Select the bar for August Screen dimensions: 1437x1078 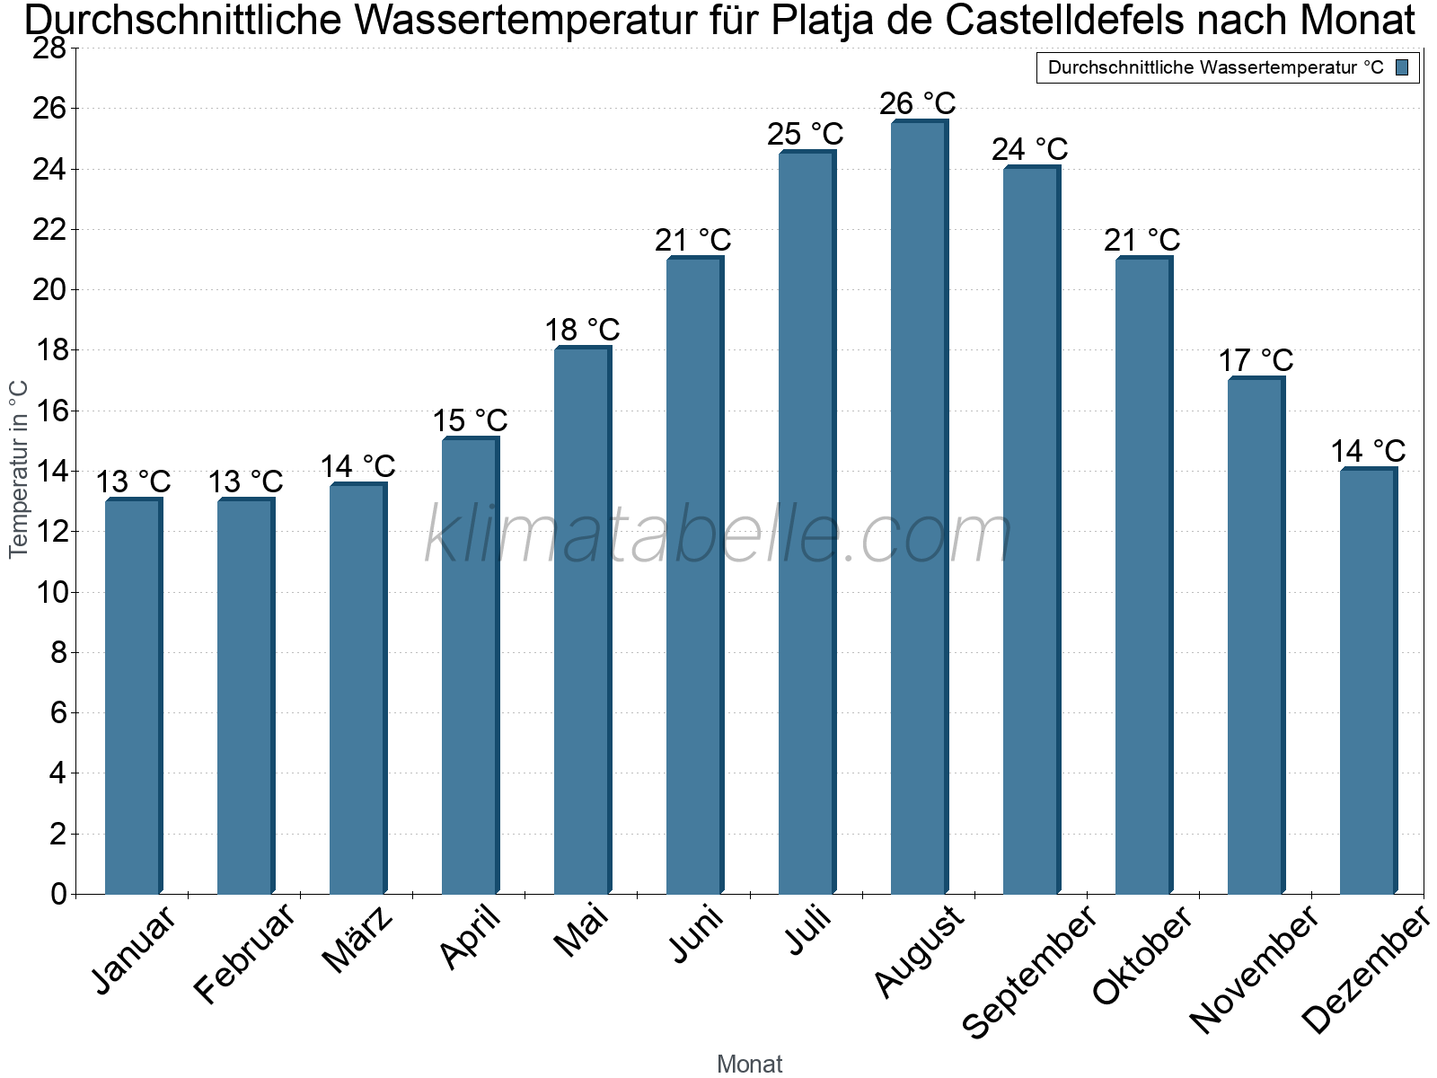click(919, 507)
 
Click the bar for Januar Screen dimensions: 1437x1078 click(134, 695)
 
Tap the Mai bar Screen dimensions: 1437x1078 click(583, 620)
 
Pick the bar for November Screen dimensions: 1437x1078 click(1256, 635)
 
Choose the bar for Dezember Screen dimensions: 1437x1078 click(1368, 681)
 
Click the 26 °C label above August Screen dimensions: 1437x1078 click(917, 103)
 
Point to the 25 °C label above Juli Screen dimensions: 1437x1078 click(806, 134)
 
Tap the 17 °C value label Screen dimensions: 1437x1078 click(1256, 360)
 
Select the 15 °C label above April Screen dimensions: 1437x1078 click(470, 420)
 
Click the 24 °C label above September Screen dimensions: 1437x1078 click(1030, 150)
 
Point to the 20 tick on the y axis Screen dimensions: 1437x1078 click(49, 289)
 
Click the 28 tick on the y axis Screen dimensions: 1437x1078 click(49, 48)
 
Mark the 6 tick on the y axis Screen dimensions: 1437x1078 click(59, 712)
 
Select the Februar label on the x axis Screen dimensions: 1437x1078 click(245, 953)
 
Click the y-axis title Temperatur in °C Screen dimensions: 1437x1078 click(18, 469)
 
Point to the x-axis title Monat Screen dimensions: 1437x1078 click(750, 1065)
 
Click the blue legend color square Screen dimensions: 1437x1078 click(1402, 67)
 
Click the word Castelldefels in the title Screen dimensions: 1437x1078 click(1064, 20)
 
